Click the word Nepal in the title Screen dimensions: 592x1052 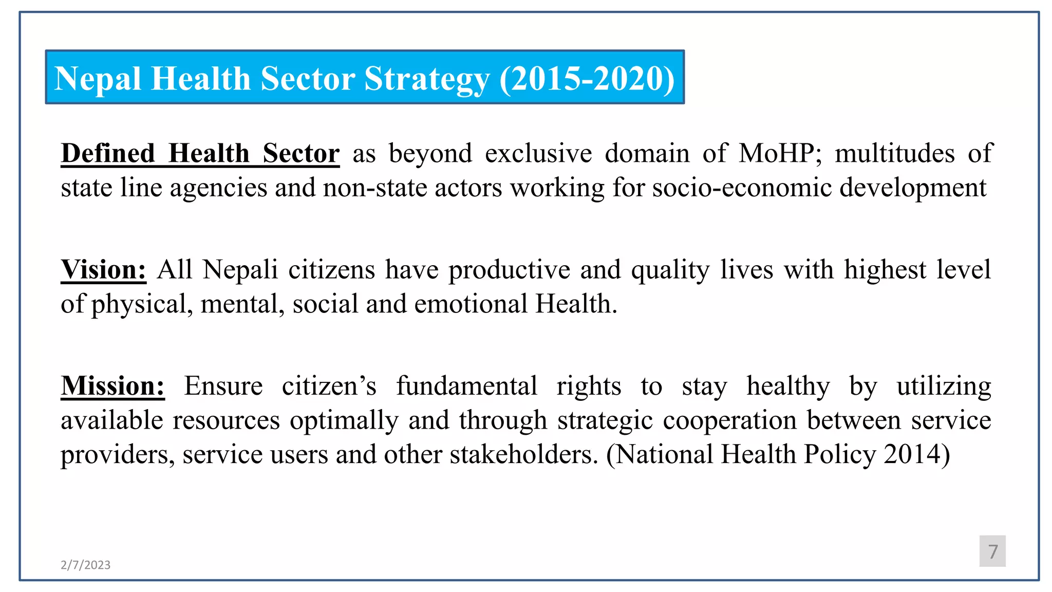click(x=98, y=79)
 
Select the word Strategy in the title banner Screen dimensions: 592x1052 click(x=427, y=79)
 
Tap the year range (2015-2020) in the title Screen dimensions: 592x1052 click(x=587, y=79)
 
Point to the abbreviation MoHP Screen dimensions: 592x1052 click(x=778, y=154)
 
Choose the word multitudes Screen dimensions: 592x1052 click(x=894, y=154)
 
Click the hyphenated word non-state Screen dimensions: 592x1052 click(x=375, y=188)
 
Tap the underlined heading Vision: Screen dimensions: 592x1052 click(x=103, y=270)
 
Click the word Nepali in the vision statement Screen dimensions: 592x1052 click(x=240, y=270)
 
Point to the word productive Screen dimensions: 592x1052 click(x=509, y=270)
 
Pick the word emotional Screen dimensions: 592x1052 click(x=471, y=304)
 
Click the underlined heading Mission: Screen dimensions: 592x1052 click(x=112, y=386)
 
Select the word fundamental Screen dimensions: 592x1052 click(x=466, y=386)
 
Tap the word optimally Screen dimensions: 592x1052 click(x=344, y=420)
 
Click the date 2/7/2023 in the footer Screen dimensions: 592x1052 click(x=85, y=565)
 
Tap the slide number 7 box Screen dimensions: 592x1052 click(x=992, y=551)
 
